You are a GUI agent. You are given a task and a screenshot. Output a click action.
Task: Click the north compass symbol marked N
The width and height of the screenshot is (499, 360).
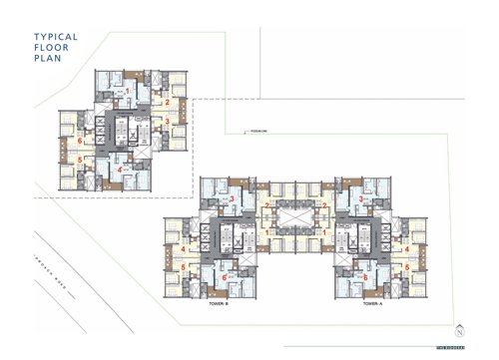pos(459,330)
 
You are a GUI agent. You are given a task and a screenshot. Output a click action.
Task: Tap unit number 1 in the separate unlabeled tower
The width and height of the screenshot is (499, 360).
pos(128,91)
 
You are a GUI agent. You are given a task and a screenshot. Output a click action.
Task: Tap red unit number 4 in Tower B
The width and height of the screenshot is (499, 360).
pos(184,249)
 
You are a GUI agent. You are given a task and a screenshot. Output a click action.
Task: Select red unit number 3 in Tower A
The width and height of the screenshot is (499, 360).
pos(360,199)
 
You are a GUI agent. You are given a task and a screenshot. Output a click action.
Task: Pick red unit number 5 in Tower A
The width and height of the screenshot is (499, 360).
pos(407,267)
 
